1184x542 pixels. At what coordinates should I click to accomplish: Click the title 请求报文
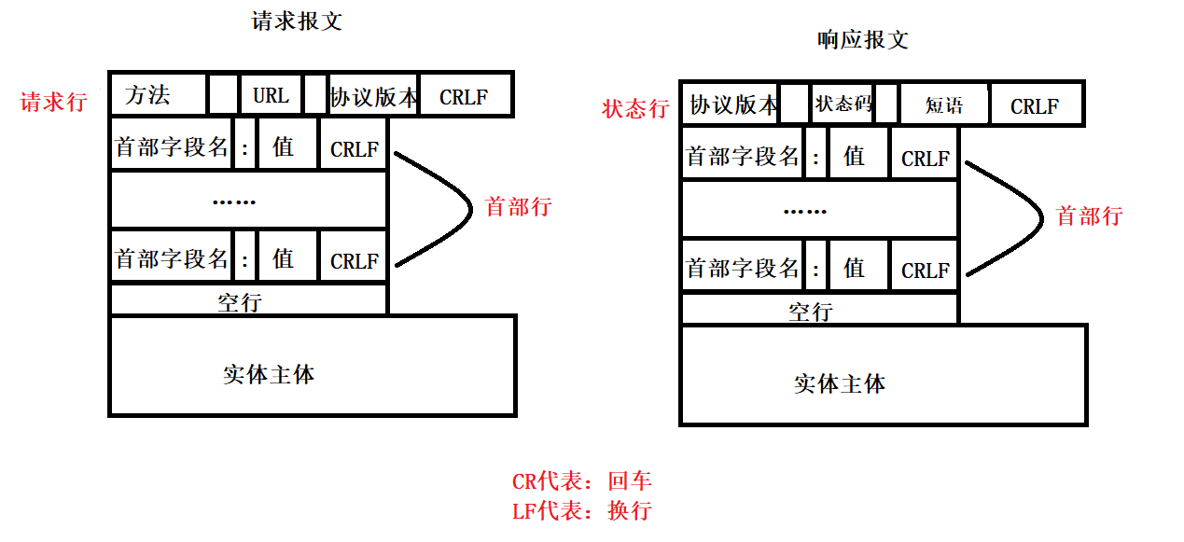point(297,21)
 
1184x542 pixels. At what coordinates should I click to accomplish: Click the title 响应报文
point(862,39)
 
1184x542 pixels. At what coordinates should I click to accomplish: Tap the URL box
point(271,95)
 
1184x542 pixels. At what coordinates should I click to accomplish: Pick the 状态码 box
point(843,104)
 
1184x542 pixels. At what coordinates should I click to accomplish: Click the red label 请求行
point(53,102)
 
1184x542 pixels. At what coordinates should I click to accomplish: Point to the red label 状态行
point(635,108)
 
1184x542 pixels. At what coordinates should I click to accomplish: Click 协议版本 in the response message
point(732,104)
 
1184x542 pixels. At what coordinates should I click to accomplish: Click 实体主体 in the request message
point(269,374)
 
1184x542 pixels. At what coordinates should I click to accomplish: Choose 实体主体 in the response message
point(840,383)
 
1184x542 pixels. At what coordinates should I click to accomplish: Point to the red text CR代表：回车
point(581,481)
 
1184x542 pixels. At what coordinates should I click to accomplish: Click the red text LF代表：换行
point(581,510)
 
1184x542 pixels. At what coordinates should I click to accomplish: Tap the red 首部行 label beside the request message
point(519,206)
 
